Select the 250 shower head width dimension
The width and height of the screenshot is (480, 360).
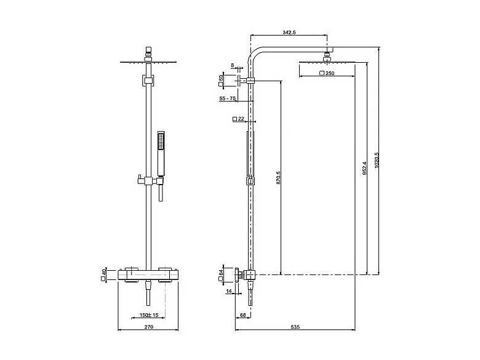click(x=329, y=74)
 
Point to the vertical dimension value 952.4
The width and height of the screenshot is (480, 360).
click(x=364, y=168)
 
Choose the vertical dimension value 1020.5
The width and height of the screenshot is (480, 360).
click(x=377, y=162)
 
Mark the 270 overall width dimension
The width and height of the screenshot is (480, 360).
click(x=148, y=328)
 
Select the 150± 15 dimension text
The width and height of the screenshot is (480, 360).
click(x=148, y=316)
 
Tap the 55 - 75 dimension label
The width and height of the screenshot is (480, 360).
click(x=227, y=98)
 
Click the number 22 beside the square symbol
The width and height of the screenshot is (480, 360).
click(x=241, y=119)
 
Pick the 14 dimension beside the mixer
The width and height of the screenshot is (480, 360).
click(x=229, y=291)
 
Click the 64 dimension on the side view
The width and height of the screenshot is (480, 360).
click(x=221, y=274)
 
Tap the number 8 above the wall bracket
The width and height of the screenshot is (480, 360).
click(x=232, y=65)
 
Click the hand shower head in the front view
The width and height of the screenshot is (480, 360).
click(x=161, y=143)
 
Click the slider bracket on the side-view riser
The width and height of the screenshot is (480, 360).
click(x=250, y=181)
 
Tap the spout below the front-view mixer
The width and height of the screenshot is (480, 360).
click(x=148, y=295)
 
